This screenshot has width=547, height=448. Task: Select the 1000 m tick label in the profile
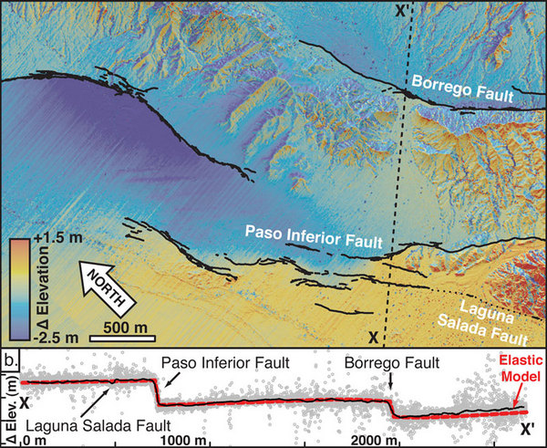click(x=197, y=441)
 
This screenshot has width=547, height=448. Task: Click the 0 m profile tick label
click(x=34, y=441)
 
